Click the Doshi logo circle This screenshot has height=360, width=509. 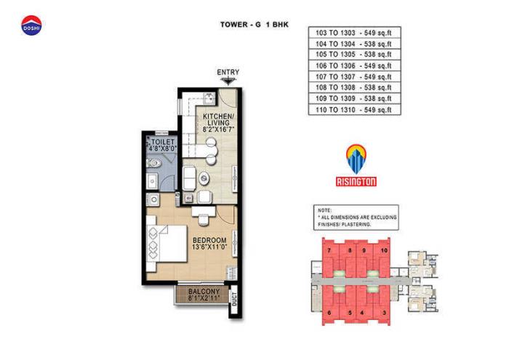tap(31, 25)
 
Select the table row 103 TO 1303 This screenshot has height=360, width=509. tap(355, 33)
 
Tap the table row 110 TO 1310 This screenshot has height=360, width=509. tap(355, 110)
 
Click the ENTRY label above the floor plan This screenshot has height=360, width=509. tap(228, 72)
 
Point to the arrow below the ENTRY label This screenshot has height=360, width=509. tap(228, 81)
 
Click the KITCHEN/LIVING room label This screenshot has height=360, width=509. tap(217, 120)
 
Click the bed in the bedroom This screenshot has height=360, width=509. tap(166, 244)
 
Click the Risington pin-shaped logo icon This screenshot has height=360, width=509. tap(356, 158)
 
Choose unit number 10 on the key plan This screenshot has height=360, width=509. tap(384, 251)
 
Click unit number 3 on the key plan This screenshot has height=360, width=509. tap(384, 313)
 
